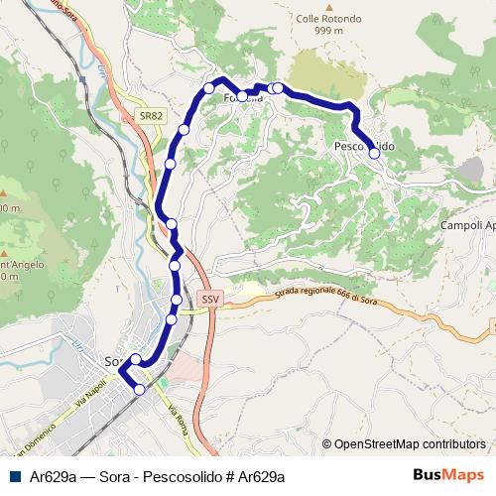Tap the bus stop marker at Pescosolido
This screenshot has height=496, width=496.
374,153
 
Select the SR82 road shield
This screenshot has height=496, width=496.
151,116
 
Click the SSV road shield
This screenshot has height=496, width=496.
208,298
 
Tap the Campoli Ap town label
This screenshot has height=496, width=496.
468,225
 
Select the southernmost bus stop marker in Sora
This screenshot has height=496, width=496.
140,390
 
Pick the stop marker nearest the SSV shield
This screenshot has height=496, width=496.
177,300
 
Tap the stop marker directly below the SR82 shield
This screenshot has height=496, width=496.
185,130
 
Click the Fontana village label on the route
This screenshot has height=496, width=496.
242,97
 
